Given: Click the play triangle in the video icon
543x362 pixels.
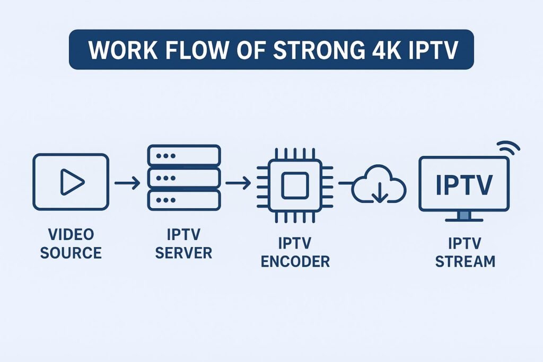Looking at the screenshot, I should pos(72,182).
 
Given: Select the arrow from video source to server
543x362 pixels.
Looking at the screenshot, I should pos(127,183).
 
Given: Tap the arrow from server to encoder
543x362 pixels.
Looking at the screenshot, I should pos(238,183).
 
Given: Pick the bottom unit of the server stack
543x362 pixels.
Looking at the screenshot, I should pos(183,200).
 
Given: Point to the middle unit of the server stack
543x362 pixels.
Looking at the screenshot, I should pos(183,178).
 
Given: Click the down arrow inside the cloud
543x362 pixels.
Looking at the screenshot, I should pos(379,194).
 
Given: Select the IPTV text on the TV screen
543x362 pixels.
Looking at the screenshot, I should pos(464,184).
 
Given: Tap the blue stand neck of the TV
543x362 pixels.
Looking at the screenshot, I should pos(464,215).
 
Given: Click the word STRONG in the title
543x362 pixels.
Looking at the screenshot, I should pos(317,49).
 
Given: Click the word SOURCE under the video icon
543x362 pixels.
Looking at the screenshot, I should pos(71,253).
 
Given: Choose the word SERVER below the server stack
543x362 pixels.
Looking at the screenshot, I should pos(183,253).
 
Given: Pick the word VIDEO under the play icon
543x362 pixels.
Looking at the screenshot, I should pos(71,235).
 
